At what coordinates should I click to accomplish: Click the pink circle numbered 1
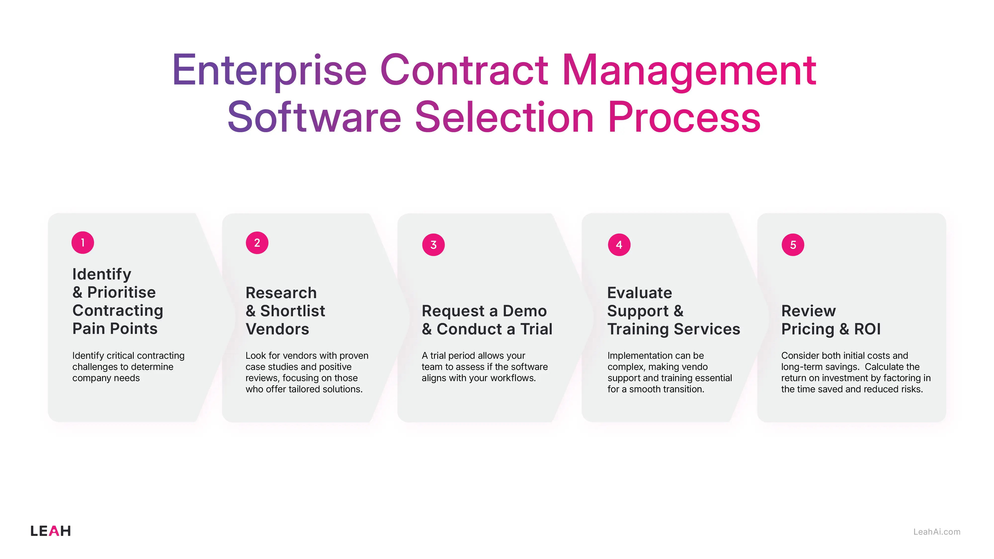[x=83, y=243]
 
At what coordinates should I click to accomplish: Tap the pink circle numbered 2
[x=257, y=243]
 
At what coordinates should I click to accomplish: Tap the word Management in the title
[x=689, y=71]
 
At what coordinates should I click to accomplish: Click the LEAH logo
[x=50, y=531]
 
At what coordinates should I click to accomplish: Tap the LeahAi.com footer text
[x=937, y=532]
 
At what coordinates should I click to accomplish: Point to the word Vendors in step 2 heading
[x=277, y=329]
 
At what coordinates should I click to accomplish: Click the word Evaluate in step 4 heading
[x=639, y=293]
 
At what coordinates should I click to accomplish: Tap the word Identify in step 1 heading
[x=102, y=274]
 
